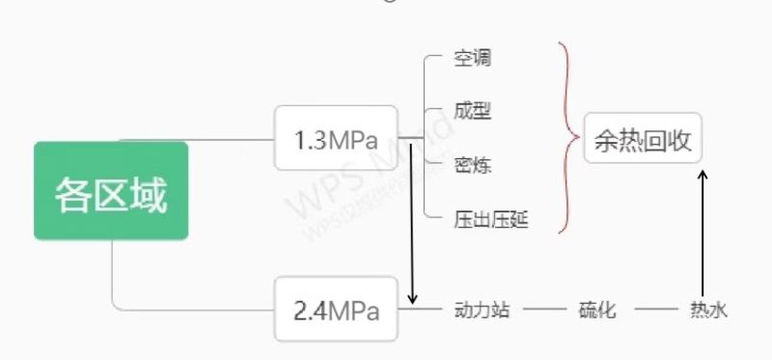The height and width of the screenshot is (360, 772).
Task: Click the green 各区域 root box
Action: [111, 190]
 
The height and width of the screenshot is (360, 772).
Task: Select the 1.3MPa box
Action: [336, 138]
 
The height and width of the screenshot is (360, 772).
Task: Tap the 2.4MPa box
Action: [336, 309]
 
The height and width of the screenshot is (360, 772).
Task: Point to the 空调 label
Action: [472, 59]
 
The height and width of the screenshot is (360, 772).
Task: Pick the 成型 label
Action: [472, 112]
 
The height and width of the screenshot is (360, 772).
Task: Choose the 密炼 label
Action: [472, 165]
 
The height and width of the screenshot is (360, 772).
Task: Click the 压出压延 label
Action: [491, 220]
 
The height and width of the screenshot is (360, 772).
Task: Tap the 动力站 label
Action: [482, 310]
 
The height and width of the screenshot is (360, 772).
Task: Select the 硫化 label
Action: [596, 310]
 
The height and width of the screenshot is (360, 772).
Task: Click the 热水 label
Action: [708, 310]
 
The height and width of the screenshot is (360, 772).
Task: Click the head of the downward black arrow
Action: [413, 299]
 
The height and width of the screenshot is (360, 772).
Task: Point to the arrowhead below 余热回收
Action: [703, 175]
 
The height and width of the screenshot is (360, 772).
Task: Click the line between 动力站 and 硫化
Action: [544, 309]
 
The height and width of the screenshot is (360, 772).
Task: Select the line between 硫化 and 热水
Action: [656, 309]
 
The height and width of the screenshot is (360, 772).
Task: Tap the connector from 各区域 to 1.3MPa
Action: [197, 140]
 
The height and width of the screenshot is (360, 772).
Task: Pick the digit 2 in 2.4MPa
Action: [300, 311]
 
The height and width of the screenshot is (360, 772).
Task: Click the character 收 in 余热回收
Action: [680, 141]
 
